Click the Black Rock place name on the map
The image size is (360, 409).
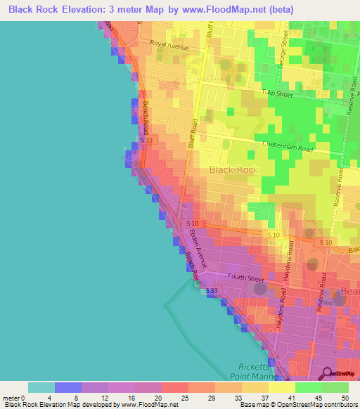click(x=234, y=170)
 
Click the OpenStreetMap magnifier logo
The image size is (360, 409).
click(x=327, y=373)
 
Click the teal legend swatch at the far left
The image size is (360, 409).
click(x=41, y=387)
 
